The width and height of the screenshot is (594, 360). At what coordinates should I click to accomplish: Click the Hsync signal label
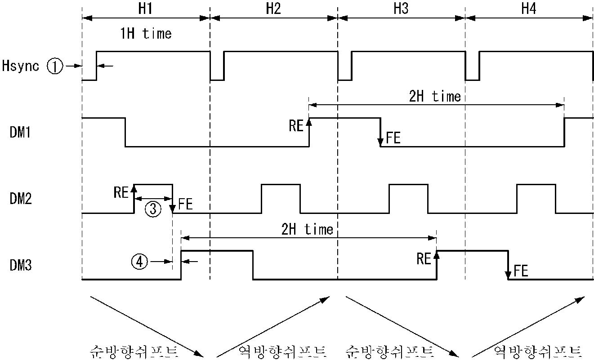[20, 66]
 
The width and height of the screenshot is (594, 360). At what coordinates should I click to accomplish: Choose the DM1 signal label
[20, 133]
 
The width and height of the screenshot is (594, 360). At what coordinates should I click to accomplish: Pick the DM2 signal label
[20, 199]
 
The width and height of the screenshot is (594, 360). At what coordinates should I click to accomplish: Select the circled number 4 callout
[139, 261]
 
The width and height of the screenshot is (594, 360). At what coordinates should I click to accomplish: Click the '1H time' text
[145, 34]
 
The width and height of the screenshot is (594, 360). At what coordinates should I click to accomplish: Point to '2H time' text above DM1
[435, 96]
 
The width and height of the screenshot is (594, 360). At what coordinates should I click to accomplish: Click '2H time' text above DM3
[307, 229]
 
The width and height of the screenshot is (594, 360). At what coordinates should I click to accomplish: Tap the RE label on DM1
[296, 125]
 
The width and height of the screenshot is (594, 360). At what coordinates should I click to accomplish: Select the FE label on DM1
[393, 138]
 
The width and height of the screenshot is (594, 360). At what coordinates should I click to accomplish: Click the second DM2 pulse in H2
[281, 198]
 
